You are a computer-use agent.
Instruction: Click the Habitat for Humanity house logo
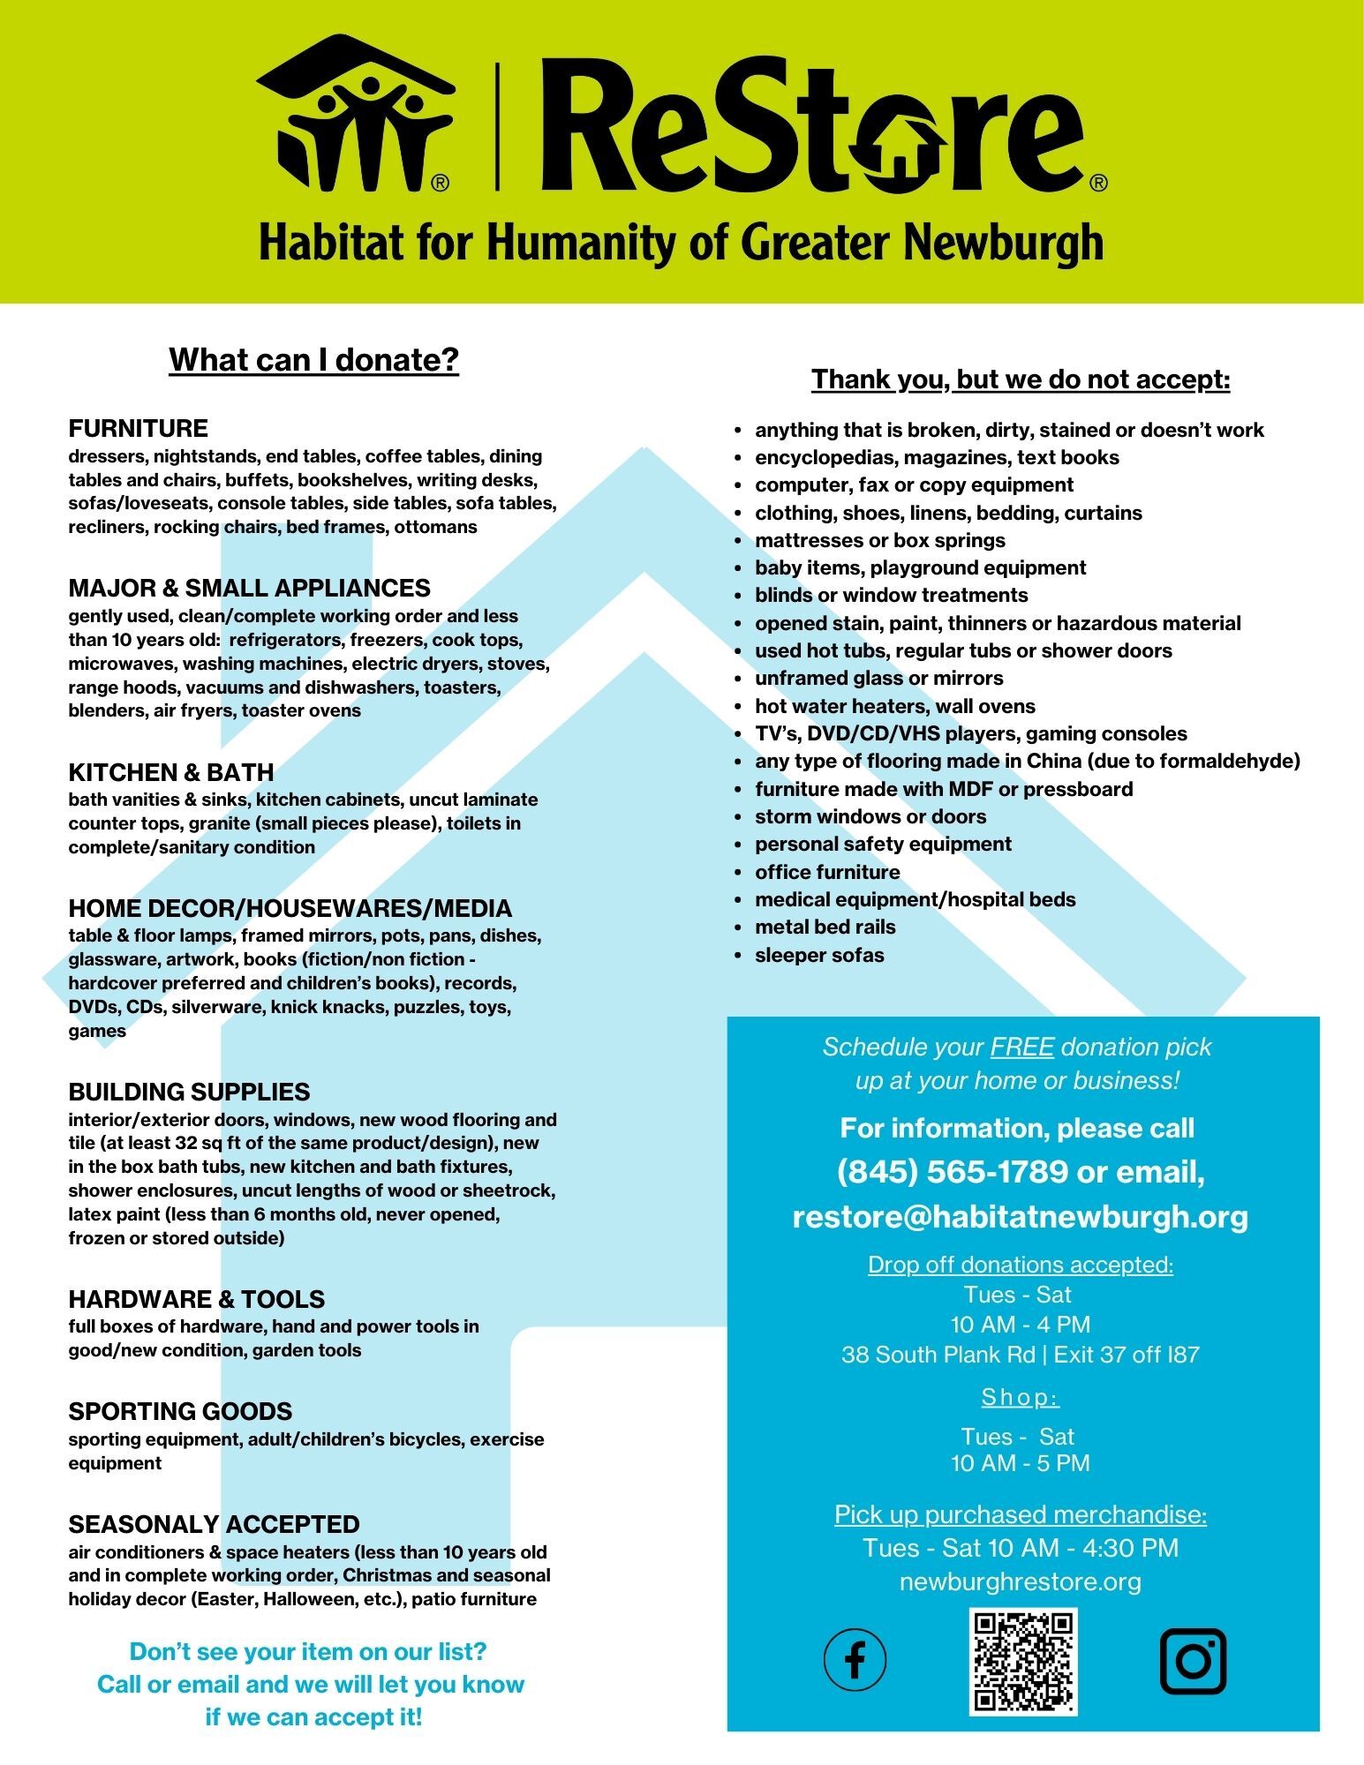tap(355, 112)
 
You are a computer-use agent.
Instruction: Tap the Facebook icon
tap(855, 1659)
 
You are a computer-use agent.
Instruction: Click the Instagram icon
tap(1193, 1661)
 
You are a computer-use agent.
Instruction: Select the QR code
tap(1023, 1661)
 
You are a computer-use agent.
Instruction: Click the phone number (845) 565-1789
tap(953, 1172)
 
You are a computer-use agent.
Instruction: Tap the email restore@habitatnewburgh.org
tap(1020, 1216)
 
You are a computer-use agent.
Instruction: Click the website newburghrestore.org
tap(1020, 1581)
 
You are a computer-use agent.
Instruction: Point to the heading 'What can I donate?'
tap(313, 360)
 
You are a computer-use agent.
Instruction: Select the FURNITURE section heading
tap(139, 429)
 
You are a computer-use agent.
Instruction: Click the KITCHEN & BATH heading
tap(171, 772)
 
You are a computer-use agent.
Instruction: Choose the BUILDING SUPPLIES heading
tap(189, 1092)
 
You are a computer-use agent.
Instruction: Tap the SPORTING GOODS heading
tap(180, 1411)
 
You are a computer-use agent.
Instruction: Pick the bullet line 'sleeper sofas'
tap(818, 955)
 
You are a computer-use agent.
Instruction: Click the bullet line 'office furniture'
tap(827, 872)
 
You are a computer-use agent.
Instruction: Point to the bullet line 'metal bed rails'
tap(825, 927)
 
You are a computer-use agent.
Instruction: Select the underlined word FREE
tap(1021, 1047)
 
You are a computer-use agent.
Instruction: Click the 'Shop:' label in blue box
tap(1020, 1397)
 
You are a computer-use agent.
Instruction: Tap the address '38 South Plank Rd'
tap(938, 1355)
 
